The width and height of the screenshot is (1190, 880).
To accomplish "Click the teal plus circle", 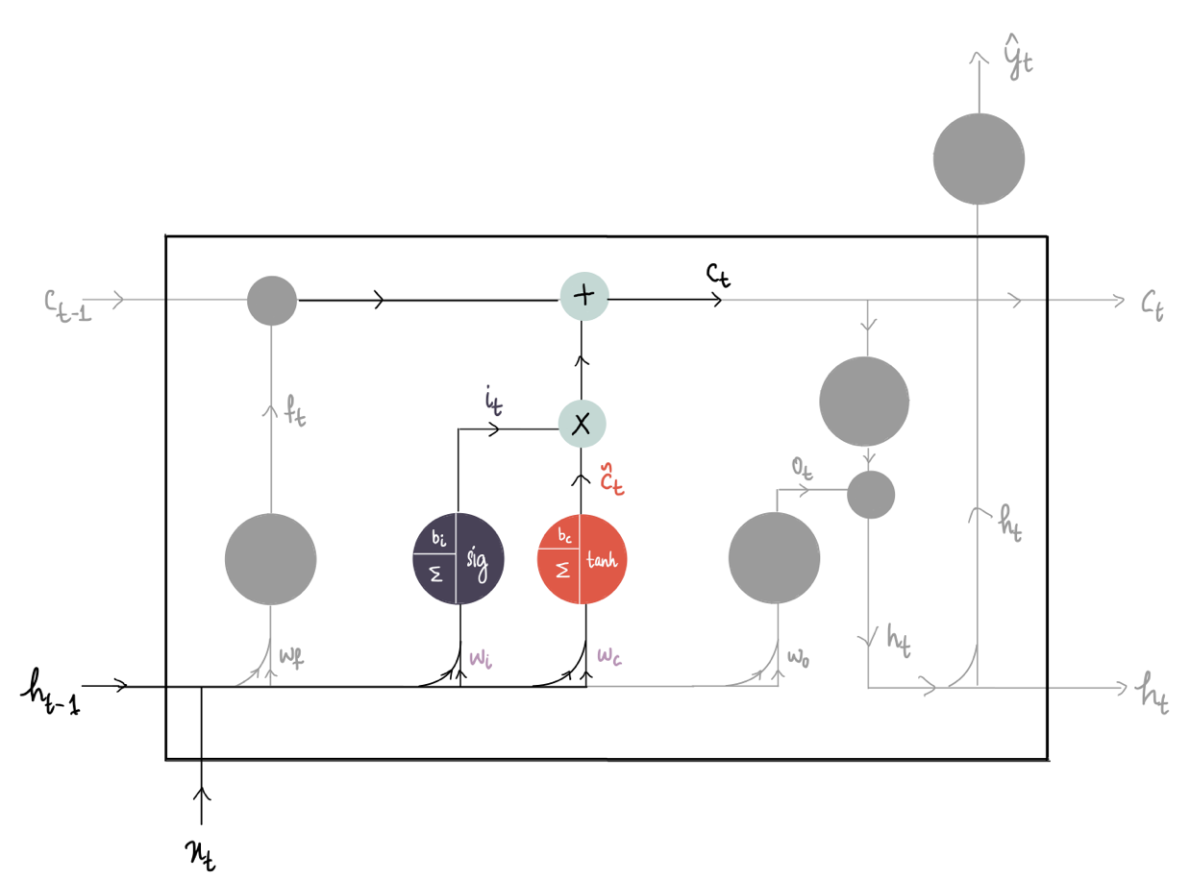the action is point(583,296).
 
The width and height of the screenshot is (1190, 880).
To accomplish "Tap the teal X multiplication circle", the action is point(582,424).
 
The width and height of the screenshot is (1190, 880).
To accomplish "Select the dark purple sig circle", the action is point(458,558).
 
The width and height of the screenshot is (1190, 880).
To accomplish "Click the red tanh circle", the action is point(582,558).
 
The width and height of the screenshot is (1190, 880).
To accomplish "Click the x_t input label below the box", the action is point(201,855).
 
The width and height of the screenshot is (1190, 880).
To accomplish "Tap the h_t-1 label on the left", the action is point(51,692).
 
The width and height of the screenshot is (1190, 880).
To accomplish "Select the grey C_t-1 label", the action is point(67,306).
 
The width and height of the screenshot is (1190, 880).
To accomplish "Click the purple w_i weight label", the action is point(481,658).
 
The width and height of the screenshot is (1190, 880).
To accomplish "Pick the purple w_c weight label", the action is point(609,656).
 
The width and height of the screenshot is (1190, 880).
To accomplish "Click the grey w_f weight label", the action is point(291,657).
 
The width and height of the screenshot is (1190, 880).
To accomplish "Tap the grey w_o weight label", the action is point(798,658).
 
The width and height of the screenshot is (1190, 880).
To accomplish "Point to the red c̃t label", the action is point(611,478).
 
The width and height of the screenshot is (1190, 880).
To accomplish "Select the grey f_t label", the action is point(294,410).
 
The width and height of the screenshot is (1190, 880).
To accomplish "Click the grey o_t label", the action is point(802,468).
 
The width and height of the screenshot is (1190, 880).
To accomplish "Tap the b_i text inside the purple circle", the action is point(439,537).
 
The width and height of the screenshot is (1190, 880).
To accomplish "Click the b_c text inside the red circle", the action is point(564,535).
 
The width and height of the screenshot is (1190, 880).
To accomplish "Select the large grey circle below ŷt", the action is point(979,159).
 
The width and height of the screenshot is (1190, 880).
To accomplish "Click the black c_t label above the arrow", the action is point(718,275).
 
